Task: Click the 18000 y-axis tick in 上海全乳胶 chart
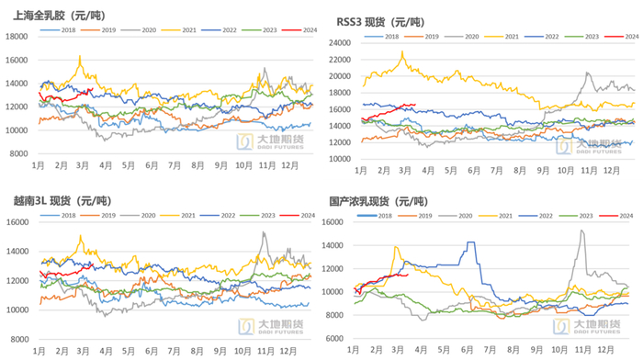click(x=17, y=36)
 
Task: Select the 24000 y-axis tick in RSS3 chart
click(x=340, y=42)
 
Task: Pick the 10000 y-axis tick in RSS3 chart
click(x=340, y=158)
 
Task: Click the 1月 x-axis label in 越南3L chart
click(x=39, y=351)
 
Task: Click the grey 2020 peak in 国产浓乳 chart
click(x=581, y=231)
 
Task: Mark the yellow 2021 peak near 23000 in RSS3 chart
click(x=402, y=52)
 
